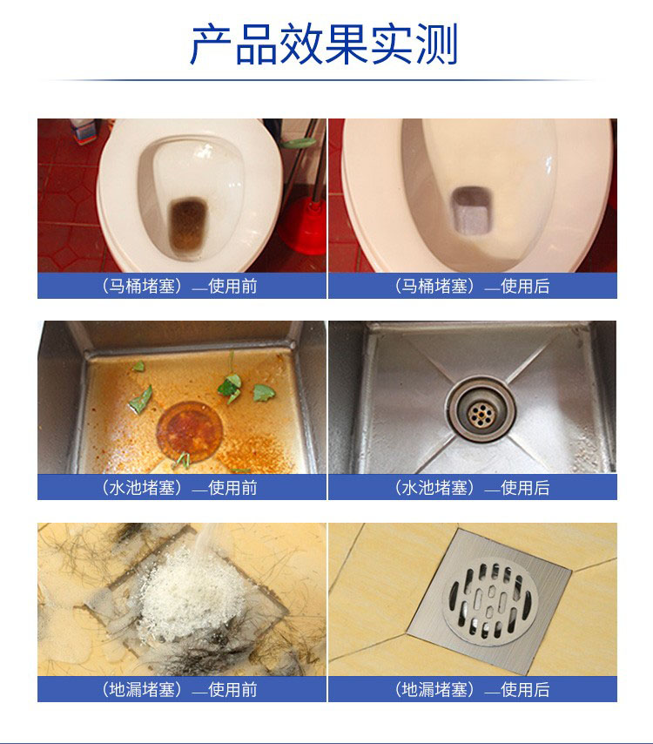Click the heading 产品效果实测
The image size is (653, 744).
[324, 44]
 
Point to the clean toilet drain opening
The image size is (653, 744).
[471, 210]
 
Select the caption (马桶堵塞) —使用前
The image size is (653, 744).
[179, 286]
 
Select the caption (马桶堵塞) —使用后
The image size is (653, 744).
[472, 286]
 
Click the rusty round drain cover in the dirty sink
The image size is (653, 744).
[190, 432]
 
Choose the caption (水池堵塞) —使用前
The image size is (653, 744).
[179, 488]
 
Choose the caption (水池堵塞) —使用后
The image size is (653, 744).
[472, 488]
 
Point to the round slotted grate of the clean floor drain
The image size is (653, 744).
[490, 601]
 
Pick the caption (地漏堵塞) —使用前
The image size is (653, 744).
[179, 689]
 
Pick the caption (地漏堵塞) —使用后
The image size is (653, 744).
[472, 689]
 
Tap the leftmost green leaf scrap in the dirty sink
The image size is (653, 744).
[140, 400]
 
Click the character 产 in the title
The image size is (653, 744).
[211, 44]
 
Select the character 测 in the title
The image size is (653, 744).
[436, 44]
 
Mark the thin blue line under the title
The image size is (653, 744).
[324, 80]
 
